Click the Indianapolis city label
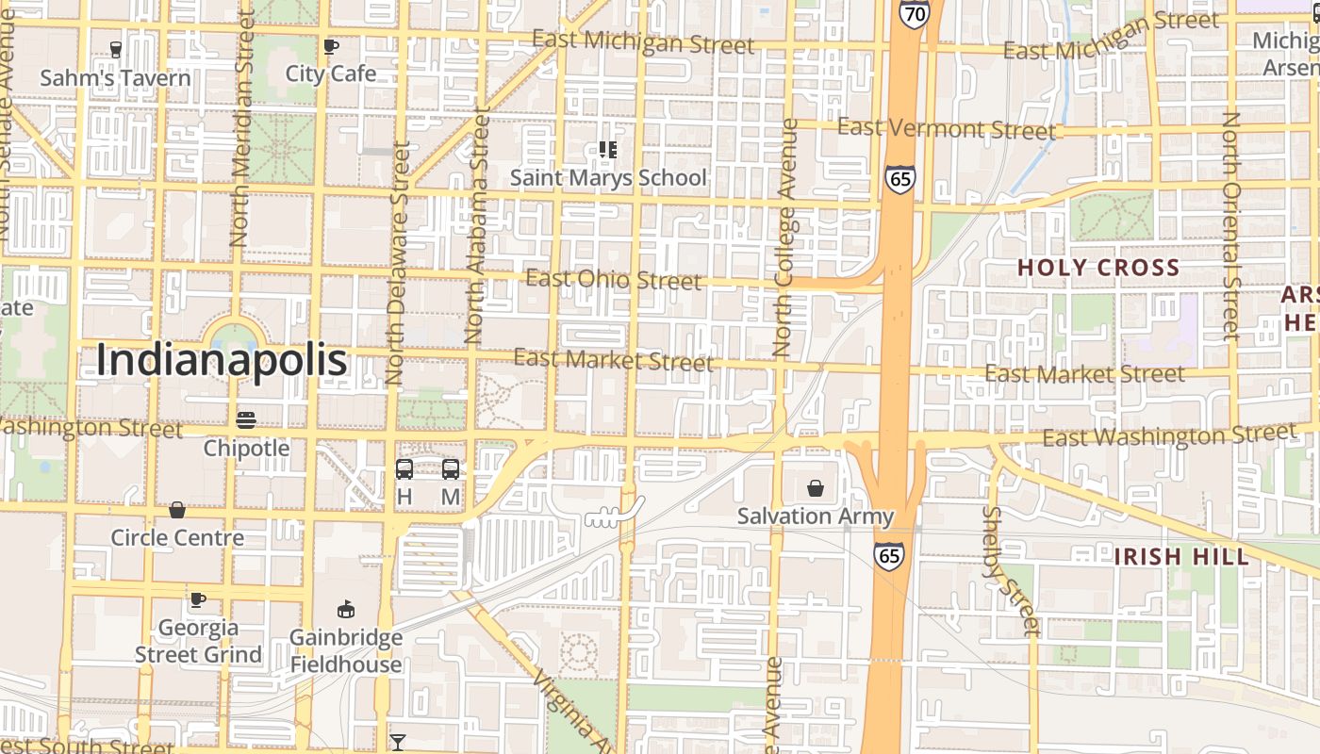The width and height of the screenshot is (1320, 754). tap(222, 361)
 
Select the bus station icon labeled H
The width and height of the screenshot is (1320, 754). tap(404, 469)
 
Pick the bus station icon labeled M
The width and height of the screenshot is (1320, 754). tap(451, 469)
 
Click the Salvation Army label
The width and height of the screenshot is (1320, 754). tap(815, 516)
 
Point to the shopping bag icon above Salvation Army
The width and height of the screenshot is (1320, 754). tap(816, 488)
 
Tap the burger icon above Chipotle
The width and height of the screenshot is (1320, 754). tap(246, 419)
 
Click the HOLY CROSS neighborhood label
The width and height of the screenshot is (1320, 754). tap(1098, 268)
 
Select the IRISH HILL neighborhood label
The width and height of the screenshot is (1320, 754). tap(1181, 556)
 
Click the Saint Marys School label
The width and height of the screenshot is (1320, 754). tap(608, 177)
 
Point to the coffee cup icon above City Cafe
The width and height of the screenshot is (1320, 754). tap(331, 46)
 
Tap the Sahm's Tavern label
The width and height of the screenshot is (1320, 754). tap(115, 77)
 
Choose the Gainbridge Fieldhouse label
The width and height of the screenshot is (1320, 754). tap(346, 650)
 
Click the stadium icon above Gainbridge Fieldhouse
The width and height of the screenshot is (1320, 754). tap(346, 610)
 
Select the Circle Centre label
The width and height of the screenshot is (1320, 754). tap(177, 537)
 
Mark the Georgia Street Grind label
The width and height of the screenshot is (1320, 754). tap(198, 641)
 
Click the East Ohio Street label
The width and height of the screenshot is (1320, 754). tap(614, 279)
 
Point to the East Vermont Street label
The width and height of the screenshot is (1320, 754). tap(946, 128)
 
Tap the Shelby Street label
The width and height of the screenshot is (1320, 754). tap(1010, 571)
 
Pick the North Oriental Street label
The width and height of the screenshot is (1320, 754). tap(1230, 226)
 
